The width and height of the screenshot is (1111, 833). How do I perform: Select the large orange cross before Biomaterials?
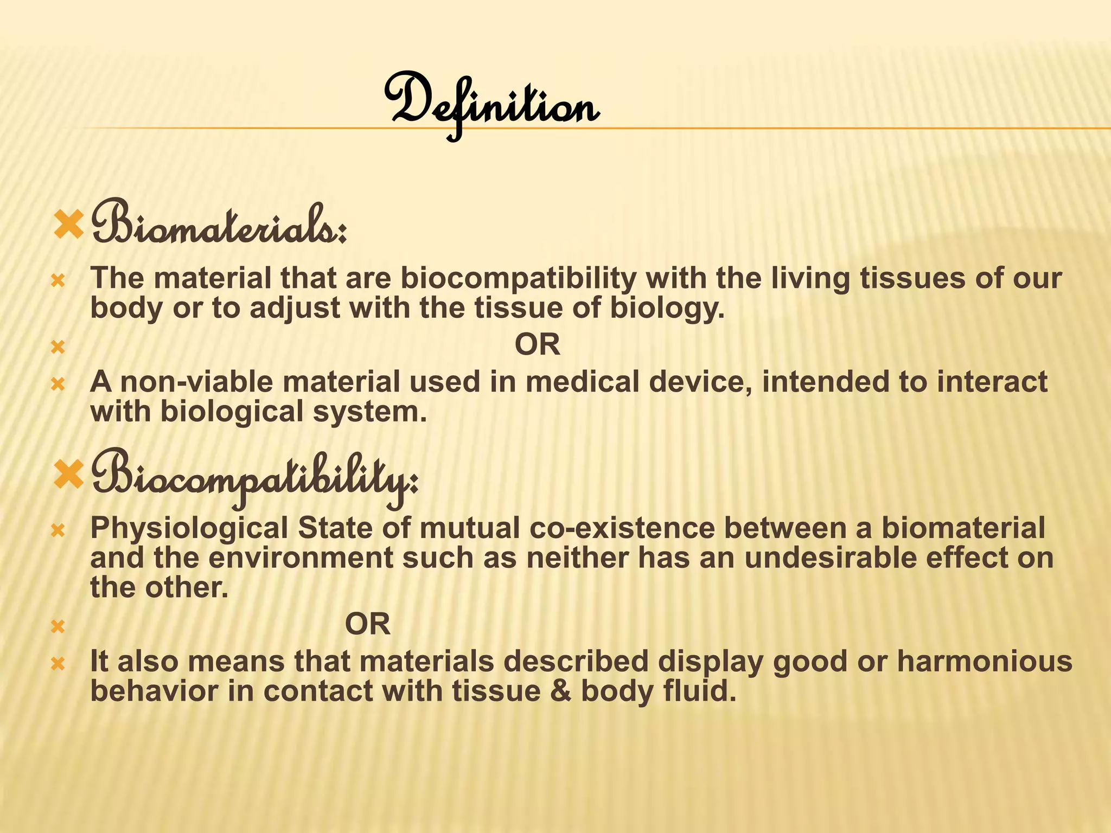[69, 225]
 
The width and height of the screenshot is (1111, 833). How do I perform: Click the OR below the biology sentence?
[537, 345]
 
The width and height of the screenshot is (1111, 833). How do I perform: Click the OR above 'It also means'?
[367, 624]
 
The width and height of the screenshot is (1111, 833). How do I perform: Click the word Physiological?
[189, 528]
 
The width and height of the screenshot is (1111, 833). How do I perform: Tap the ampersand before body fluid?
[560, 691]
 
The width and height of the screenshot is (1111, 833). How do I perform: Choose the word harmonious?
[984, 662]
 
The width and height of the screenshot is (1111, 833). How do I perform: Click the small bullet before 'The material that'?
[58, 281]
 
